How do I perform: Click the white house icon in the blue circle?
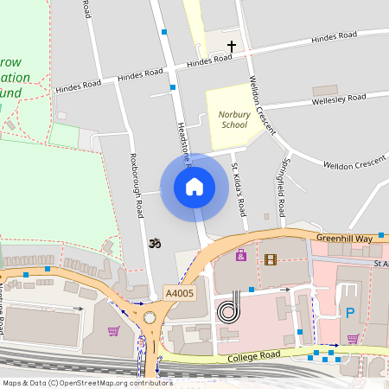click(194, 187)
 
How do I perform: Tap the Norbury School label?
click(233, 119)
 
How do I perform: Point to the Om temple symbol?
click(156, 244)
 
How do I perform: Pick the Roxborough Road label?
click(135, 185)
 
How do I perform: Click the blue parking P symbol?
click(350, 313)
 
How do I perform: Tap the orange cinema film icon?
click(271, 258)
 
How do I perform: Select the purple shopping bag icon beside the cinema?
click(240, 256)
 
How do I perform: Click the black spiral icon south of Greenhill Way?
click(228, 309)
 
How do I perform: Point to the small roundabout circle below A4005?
click(150, 317)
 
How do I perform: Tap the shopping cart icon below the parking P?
click(352, 338)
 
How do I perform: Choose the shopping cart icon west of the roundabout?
click(112, 330)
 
